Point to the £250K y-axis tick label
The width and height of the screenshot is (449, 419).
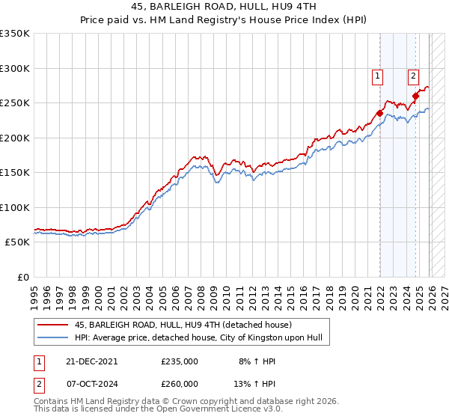pyautogui.click(x=15, y=103)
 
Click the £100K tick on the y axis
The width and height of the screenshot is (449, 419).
pyautogui.click(x=15, y=207)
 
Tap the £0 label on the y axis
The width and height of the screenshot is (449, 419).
pyautogui.click(x=22, y=278)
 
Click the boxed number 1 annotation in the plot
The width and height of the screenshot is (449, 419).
pyautogui.click(x=379, y=75)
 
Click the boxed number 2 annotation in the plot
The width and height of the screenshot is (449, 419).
pyautogui.click(x=413, y=75)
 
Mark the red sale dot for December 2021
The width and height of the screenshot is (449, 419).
pyautogui.click(x=379, y=114)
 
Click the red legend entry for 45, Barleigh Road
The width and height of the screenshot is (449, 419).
pyautogui.click(x=187, y=325)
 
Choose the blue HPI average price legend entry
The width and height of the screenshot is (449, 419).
pyautogui.click(x=198, y=338)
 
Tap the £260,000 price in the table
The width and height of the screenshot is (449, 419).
pyautogui.click(x=180, y=383)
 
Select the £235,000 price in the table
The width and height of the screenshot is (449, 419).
pyautogui.click(x=180, y=361)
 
